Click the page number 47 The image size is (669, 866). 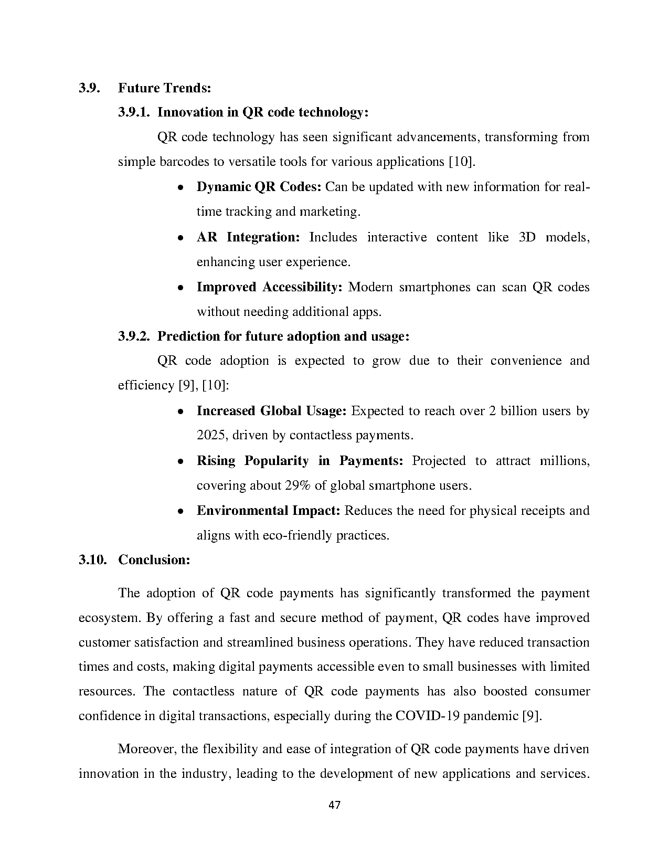(334, 805)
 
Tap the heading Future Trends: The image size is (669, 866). (164, 88)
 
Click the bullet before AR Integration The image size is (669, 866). (180, 238)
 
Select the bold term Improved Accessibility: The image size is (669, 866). (269, 287)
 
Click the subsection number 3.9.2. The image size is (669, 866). (134, 336)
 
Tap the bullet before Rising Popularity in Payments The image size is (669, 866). (180, 461)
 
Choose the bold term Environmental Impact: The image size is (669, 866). (269, 511)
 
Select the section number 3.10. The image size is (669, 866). (92, 560)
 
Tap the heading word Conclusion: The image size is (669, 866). (154, 560)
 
